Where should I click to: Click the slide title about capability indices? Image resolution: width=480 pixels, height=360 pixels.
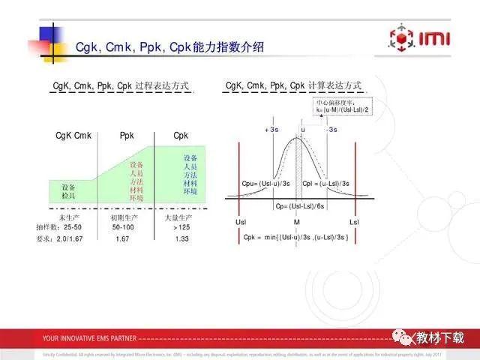[x=169, y=48]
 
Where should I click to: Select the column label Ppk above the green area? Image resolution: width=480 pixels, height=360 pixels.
[x=127, y=136]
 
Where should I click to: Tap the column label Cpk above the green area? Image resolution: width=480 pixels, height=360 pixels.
[x=181, y=136]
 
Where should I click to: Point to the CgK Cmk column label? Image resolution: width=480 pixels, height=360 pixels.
[x=73, y=136]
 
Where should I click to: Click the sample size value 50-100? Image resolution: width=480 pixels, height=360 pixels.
[x=123, y=226]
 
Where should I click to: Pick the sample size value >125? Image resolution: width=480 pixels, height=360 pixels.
[x=181, y=226]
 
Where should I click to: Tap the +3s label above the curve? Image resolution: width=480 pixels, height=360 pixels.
[x=271, y=130]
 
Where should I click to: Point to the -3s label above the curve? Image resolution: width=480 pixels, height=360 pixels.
[x=331, y=130]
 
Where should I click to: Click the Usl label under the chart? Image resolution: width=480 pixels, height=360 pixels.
[x=240, y=223]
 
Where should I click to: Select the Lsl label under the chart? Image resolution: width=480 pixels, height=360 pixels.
[x=354, y=223]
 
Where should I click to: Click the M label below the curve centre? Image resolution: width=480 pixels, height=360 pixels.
[x=297, y=223]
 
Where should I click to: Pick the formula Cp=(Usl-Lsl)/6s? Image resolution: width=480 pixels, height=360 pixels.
[x=301, y=206]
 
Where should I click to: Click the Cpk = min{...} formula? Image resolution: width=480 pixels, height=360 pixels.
[x=296, y=238]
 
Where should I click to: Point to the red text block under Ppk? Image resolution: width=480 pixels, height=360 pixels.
[x=136, y=181]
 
